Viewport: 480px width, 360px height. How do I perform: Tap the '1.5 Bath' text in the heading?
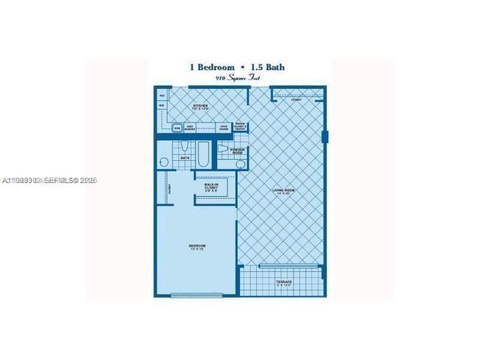[x=268, y=68]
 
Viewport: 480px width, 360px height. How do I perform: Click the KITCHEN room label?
[x=200, y=107]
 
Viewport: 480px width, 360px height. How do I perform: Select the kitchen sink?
[x=177, y=127]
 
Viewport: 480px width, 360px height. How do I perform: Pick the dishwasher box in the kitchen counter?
[x=190, y=127]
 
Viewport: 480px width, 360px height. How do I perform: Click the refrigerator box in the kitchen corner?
[x=162, y=95]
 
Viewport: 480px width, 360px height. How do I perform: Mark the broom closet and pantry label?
[x=240, y=127]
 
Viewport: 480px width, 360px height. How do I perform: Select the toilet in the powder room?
[x=223, y=149]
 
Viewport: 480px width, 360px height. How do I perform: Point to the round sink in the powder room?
[x=240, y=163]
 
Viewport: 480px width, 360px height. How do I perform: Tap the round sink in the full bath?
[x=164, y=163]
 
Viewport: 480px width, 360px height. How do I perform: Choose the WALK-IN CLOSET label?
[x=211, y=187]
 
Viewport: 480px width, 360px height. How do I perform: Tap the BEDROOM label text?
[x=197, y=247]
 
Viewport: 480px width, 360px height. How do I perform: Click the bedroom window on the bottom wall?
[x=196, y=295]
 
